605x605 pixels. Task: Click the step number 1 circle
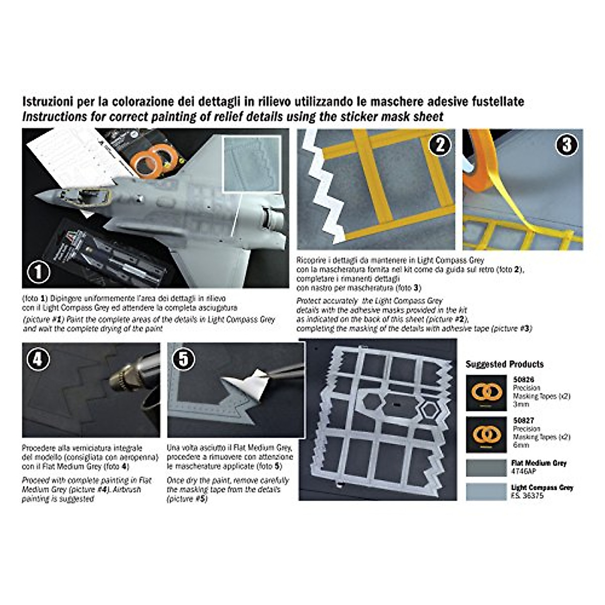tap(38, 273)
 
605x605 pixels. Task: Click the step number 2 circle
tap(440, 145)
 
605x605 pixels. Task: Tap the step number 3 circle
tap(567, 145)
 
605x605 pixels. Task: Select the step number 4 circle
tap(38, 359)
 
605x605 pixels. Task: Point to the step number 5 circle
tap(184, 359)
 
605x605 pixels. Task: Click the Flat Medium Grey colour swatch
tap(486, 467)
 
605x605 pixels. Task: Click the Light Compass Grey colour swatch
tap(486, 492)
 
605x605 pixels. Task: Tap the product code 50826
tap(523, 380)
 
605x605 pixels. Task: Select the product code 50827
tap(523, 420)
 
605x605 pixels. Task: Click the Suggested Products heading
tap(504, 364)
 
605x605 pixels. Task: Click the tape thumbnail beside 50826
tap(486, 393)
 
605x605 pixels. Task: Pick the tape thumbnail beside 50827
tap(486, 434)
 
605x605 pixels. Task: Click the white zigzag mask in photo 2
tap(323, 192)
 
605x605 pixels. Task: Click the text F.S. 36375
tap(527, 496)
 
